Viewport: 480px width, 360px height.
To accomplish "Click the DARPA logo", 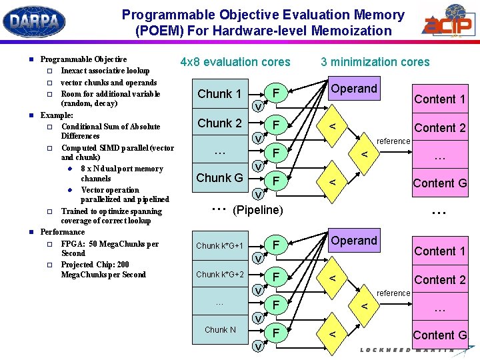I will (x=34, y=21).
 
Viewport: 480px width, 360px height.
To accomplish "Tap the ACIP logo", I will (x=447, y=23).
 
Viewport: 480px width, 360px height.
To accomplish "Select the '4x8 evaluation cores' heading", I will (x=235, y=62).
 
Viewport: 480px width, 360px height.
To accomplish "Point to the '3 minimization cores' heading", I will (x=375, y=62).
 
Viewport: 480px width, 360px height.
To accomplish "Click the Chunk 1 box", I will (x=219, y=94).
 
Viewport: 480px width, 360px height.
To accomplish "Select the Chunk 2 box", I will (x=219, y=123).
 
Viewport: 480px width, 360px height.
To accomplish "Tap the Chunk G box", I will (x=219, y=178).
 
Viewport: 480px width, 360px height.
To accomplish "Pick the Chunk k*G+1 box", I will (x=219, y=246).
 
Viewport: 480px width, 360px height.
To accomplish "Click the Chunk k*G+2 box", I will (x=219, y=275).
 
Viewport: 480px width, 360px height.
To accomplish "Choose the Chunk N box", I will (x=219, y=330).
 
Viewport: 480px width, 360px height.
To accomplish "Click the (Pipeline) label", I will (x=257, y=211).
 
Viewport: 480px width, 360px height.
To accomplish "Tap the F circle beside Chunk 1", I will (x=275, y=93).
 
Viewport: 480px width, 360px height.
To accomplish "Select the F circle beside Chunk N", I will (x=275, y=331).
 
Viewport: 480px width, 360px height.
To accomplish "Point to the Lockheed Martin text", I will (x=407, y=351).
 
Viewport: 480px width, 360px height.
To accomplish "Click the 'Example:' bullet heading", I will (x=57, y=115).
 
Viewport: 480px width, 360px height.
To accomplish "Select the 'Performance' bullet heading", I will (x=63, y=232).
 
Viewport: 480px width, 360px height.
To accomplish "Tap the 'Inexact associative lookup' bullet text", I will (x=105, y=71).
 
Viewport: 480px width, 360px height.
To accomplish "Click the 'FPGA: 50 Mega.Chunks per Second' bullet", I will (x=109, y=249).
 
